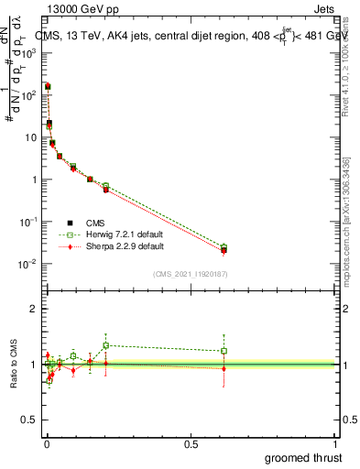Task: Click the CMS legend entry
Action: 93,222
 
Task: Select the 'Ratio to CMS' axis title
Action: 14,365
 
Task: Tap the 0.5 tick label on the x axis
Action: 191,443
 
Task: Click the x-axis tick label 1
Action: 335,443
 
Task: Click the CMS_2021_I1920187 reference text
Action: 190,274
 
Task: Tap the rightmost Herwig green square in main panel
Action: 224,247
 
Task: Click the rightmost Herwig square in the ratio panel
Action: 224,351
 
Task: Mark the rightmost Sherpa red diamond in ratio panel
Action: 224,368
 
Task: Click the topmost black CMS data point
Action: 48,86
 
